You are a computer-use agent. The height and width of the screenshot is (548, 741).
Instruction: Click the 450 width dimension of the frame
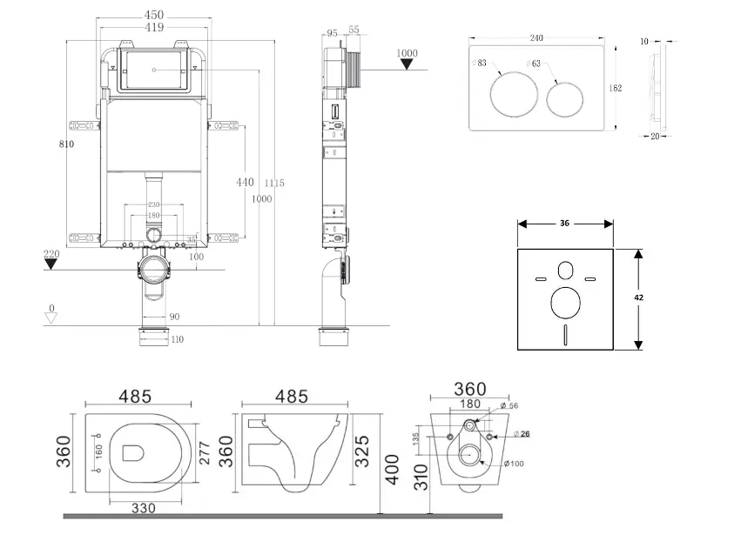click(x=154, y=16)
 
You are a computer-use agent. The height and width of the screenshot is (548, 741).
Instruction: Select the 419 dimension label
click(x=154, y=28)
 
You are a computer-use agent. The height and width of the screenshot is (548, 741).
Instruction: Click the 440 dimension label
click(x=245, y=182)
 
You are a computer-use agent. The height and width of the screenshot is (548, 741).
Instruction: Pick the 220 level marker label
click(x=52, y=254)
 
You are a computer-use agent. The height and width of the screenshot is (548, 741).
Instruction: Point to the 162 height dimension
click(x=615, y=88)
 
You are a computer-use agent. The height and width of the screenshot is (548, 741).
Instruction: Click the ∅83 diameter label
click(x=480, y=63)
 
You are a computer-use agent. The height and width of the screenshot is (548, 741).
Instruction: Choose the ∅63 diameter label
click(x=534, y=63)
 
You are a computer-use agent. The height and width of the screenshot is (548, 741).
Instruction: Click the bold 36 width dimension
click(x=564, y=224)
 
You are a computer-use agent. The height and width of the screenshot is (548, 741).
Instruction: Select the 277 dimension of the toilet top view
click(x=205, y=451)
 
